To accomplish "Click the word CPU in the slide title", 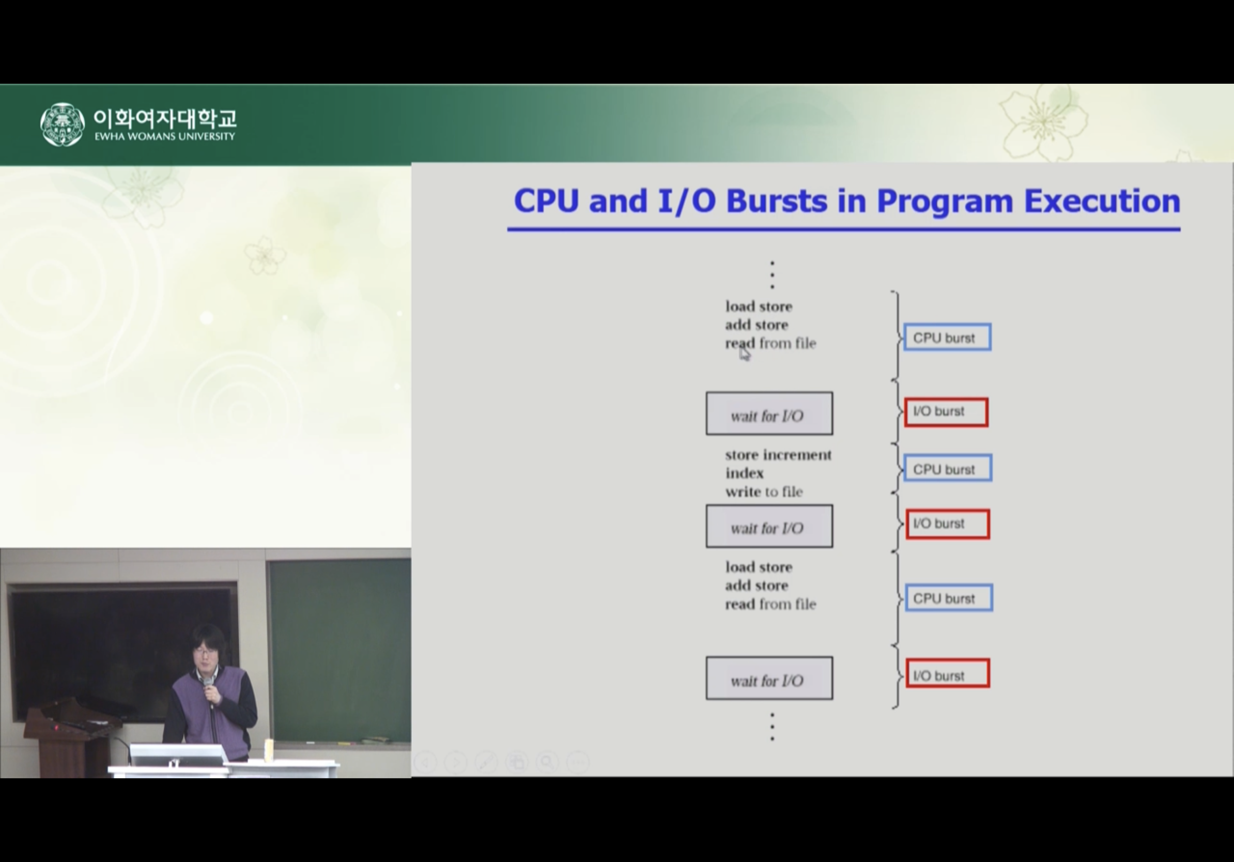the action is (x=547, y=201).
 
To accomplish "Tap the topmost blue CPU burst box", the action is (x=947, y=337).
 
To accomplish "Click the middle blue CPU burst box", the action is (x=948, y=469).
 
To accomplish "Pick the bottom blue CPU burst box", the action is (x=949, y=598).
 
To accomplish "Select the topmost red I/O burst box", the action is (x=946, y=412).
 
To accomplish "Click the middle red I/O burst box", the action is (x=948, y=524).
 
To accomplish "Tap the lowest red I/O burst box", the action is (x=948, y=673).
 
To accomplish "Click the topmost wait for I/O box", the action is (x=769, y=413).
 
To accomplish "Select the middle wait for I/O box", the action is (x=769, y=526).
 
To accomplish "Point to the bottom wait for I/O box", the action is (x=769, y=678).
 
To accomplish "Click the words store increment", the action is (x=778, y=455).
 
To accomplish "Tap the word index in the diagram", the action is (x=744, y=473).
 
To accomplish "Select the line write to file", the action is (x=764, y=492).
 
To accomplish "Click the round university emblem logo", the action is (x=63, y=125).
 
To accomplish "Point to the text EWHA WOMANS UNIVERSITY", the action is (x=165, y=136).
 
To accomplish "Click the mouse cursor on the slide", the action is (x=744, y=354).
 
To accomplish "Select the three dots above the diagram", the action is (x=773, y=274).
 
